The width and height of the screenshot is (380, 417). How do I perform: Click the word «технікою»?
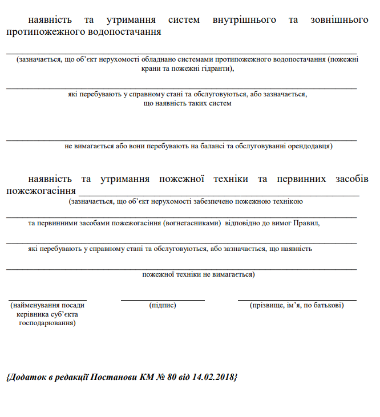coord(286,201)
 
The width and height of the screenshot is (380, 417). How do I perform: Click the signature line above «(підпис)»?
coord(163,299)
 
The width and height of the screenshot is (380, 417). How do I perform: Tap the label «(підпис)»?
coord(163,306)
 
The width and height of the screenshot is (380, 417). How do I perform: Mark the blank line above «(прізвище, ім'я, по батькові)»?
coord(297,299)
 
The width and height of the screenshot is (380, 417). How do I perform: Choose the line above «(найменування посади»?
coord(47,299)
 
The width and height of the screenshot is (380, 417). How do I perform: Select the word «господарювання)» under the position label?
coord(47,323)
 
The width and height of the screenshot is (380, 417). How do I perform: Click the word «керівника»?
coord(32,314)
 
